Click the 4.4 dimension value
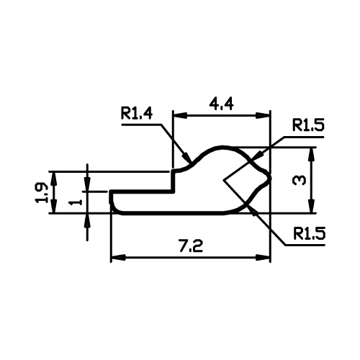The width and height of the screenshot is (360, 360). pos(221,104)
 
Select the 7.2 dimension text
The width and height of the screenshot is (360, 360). pos(191,246)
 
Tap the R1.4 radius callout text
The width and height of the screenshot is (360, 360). pos(137,113)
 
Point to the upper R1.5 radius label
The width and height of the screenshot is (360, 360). pos(308,125)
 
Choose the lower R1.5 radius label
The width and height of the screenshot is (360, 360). pos(309,234)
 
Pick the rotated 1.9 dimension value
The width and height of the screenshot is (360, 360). pos(41,193)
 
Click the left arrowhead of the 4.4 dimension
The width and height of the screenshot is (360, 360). pos(180,115)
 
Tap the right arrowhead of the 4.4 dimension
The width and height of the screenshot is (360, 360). pos(263,115)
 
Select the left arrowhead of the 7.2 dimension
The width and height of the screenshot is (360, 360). pos(118,258)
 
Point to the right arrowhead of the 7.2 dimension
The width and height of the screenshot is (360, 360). pos(263,258)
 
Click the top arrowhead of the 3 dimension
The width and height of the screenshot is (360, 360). pos(312,154)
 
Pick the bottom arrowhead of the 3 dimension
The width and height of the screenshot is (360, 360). pos(312,206)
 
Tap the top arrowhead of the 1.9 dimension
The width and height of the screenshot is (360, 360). pos(55,179)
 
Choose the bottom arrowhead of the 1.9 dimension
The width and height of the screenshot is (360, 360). pos(55,206)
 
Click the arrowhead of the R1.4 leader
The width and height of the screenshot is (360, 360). pos(186,157)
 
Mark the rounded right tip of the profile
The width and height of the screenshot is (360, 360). pos(270,179)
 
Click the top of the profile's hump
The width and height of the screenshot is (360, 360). pos(222,147)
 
